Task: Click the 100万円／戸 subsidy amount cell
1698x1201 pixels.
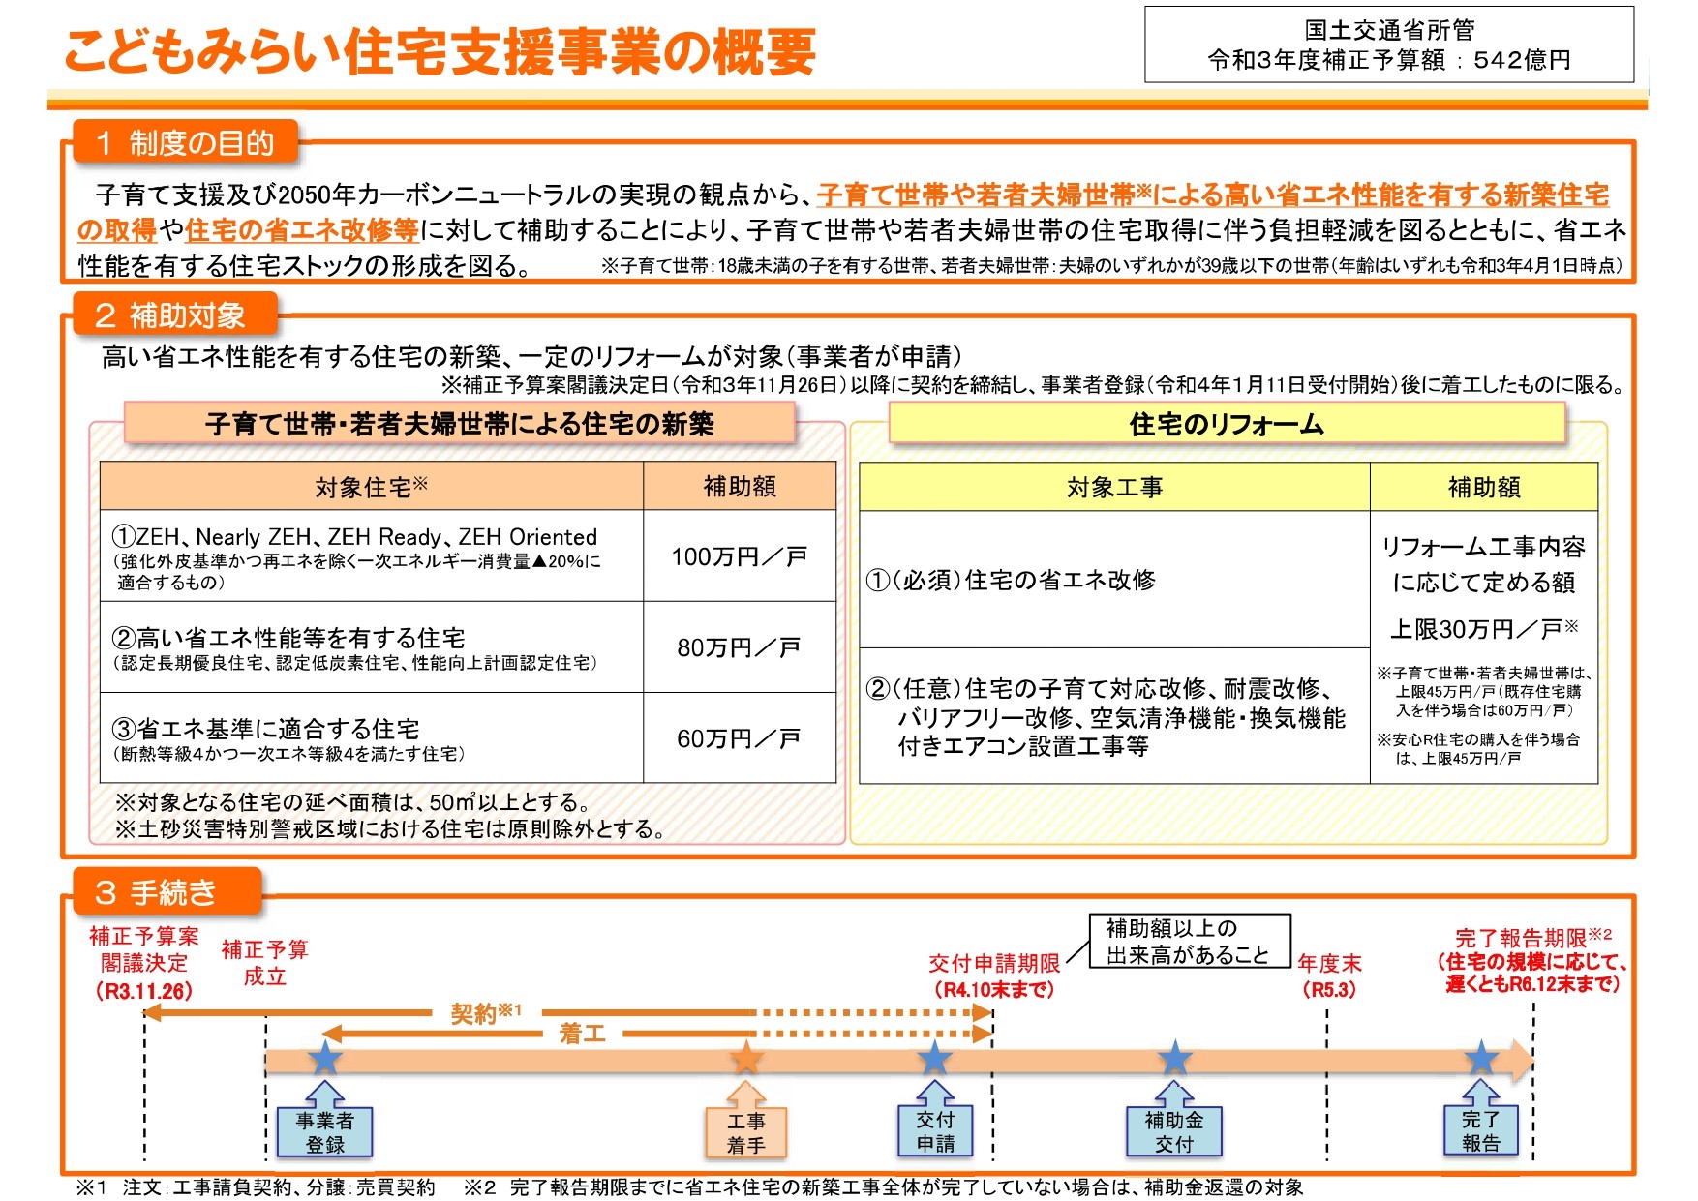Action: [x=740, y=556]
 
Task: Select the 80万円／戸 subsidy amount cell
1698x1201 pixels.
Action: [x=740, y=647]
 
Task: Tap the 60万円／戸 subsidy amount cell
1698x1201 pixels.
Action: [x=740, y=738]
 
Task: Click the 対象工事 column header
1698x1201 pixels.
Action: [x=1114, y=487]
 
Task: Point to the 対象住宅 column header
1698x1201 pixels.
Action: [x=372, y=487]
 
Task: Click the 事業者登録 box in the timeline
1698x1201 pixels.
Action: [x=325, y=1132]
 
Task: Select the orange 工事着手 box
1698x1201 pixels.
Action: [x=746, y=1132]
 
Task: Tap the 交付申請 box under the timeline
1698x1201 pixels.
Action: [x=935, y=1131]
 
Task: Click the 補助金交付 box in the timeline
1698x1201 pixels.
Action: [x=1174, y=1132]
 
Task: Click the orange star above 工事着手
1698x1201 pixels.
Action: [x=746, y=1059]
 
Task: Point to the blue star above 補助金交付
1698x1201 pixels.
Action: [x=1174, y=1059]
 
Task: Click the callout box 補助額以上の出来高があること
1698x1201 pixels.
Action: [x=1190, y=941]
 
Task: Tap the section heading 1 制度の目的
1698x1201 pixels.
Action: [x=185, y=143]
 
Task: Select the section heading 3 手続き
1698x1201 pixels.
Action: [x=167, y=891]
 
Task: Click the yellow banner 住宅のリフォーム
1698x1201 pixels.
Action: [x=1227, y=424]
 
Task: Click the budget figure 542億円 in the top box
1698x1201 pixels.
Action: [x=1522, y=60]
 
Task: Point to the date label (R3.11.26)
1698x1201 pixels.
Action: [x=144, y=991]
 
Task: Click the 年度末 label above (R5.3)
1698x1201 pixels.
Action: [x=1329, y=963]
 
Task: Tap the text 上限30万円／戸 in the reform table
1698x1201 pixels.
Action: [x=1484, y=629]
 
